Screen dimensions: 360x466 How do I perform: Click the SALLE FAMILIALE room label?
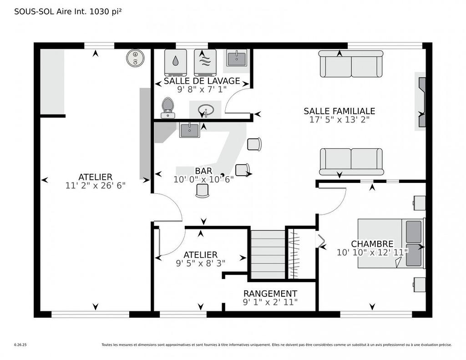(339, 111)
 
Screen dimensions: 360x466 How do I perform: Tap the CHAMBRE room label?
(372, 244)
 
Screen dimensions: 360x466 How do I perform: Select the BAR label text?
(203, 171)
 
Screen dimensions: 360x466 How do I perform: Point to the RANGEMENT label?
(270, 294)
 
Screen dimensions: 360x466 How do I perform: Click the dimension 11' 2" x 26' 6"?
(95, 185)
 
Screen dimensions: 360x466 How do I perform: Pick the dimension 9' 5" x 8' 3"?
(200, 263)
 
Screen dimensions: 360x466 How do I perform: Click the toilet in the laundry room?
(167, 107)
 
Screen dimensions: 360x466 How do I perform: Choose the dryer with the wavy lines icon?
(205, 62)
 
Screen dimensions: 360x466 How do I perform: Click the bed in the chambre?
(391, 243)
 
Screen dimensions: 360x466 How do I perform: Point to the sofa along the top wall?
(350, 64)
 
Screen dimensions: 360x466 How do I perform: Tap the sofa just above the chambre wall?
(351, 162)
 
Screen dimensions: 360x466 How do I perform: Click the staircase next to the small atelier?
(268, 254)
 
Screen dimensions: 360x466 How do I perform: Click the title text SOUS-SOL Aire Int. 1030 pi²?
(68, 12)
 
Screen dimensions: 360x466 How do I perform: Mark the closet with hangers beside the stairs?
(295, 254)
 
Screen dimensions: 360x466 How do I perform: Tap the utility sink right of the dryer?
(236, 58)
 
